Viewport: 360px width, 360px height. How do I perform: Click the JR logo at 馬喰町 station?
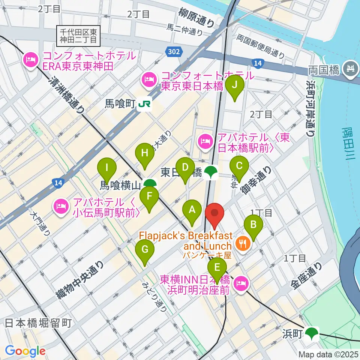pos(144,105)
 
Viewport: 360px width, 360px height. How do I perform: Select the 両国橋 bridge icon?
pos(351,69)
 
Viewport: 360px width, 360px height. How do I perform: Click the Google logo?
pos(25,351)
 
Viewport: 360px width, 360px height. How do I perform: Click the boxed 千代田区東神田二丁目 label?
pos(79,34)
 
